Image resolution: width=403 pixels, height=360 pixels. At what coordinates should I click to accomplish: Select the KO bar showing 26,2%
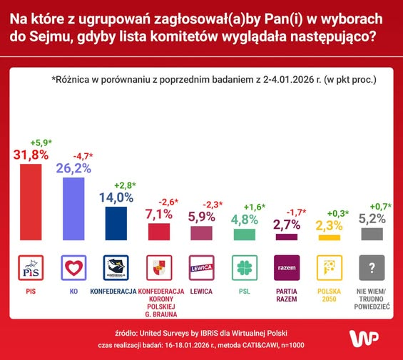[x=73, y=209]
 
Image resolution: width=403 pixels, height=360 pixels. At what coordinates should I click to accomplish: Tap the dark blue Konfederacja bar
[x=116, y=223]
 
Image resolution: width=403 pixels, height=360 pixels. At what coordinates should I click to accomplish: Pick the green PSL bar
[x=244, y=234]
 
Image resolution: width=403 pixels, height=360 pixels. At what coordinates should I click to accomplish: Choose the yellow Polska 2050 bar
[x=330, y=236]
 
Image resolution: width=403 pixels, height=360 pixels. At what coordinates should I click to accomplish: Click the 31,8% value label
[x=31, y=154]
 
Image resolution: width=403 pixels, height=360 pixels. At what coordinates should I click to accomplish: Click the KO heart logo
[x=73, y=268]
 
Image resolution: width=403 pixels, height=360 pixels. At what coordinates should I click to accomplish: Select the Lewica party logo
[x=202, y=268]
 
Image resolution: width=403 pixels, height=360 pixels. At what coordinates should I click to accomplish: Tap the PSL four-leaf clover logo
[x=244, y=268]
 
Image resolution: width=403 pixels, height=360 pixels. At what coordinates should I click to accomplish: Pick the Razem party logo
[x=287, y=268]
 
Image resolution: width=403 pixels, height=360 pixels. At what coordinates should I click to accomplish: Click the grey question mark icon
[x=372, y=268]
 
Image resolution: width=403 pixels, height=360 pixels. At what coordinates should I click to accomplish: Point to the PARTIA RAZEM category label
[x=287, y=295]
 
